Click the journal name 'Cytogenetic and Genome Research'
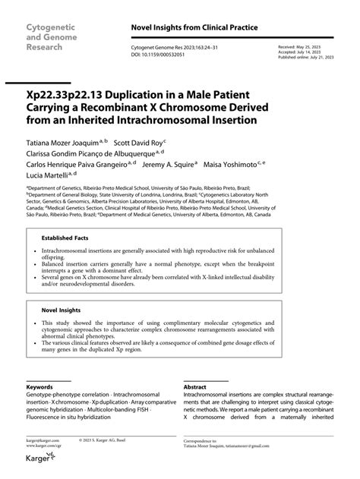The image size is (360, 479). (52, 36)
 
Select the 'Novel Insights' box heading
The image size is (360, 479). (60, 310)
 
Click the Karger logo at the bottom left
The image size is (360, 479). (39, 457)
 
